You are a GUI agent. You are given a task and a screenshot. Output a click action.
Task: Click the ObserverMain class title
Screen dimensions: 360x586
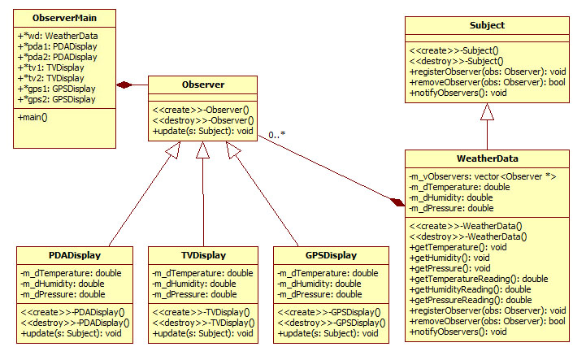pyautogui.click(x=65, y=17)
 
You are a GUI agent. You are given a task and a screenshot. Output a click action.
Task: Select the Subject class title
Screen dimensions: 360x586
pyautogui.click(x=487, y=25)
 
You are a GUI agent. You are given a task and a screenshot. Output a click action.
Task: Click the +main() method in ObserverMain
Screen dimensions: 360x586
pyautogui.click(x=33, y=117)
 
